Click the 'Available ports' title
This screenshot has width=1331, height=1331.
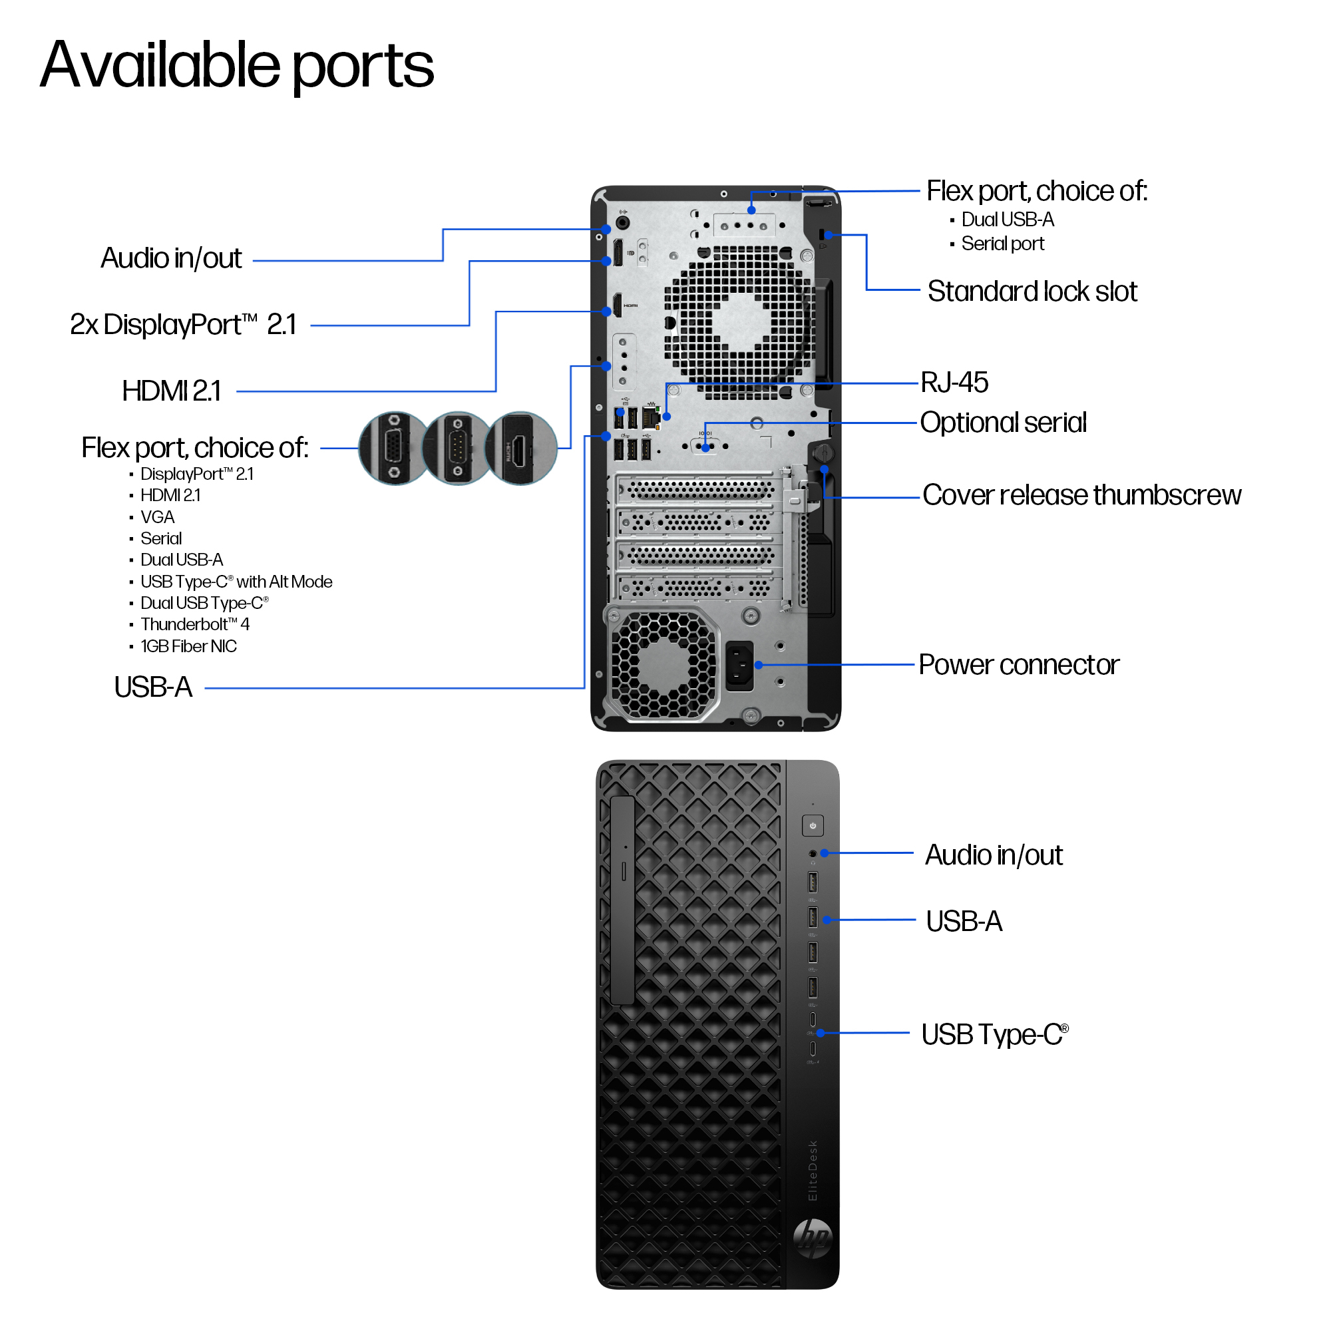(237, 65)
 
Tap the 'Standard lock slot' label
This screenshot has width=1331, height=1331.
(1032, 291)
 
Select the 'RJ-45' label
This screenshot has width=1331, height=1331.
(954, 383)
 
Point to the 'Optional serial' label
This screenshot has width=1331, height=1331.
(1003, 423)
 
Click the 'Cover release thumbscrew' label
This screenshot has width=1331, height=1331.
(1081, 494)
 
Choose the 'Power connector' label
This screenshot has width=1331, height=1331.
(1019, 665)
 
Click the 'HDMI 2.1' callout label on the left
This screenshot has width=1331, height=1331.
(172, 391)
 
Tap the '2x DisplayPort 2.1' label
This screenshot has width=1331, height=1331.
(183, 325)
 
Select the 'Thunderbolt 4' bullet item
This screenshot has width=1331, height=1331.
(195, 624)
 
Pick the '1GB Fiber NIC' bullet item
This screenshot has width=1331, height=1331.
(188, 646)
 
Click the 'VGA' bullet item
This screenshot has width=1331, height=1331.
(157, 516)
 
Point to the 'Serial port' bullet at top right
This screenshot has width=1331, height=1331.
(1002, 243)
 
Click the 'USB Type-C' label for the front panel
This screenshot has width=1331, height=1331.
(994, 1034)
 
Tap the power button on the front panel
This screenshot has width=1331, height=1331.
(813, 825)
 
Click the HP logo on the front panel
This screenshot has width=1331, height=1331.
(813, 1238)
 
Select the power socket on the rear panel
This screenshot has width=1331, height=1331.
(739, 665)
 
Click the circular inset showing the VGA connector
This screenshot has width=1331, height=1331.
(394, 449)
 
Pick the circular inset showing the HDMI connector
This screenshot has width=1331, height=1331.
(521, 449)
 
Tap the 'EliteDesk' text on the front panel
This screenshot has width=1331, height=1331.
(813, 1171)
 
